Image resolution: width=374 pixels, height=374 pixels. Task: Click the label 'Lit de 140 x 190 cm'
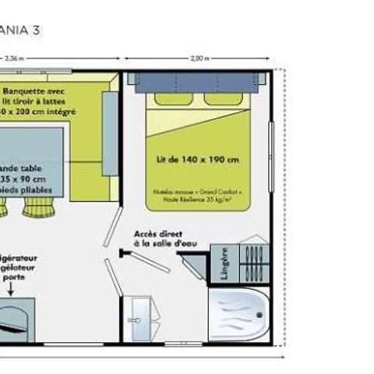tap(198, 160)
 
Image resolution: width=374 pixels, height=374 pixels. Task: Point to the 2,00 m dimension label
tap(199, 58)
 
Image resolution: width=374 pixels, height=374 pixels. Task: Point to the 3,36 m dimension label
tap(13, 58)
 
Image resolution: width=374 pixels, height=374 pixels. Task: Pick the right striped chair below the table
tap(37, 206)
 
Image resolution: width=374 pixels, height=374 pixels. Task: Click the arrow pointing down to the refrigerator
tap(12, 289)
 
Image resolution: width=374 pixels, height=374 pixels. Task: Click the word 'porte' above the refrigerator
tap(14, 275)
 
